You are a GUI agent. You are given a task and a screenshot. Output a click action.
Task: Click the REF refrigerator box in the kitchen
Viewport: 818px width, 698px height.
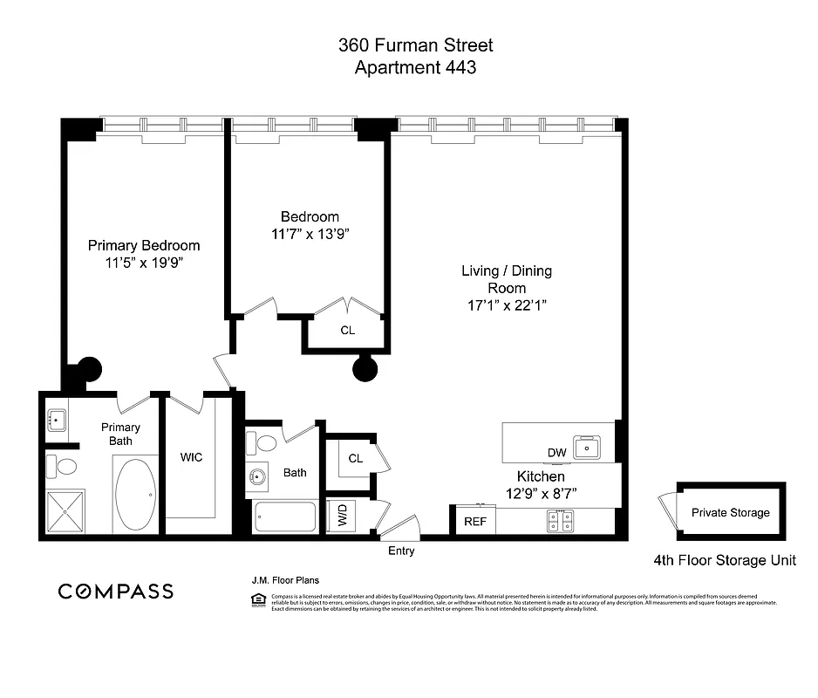point(474,522)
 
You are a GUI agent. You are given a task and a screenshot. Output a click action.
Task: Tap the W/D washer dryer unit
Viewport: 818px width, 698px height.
point(337,517)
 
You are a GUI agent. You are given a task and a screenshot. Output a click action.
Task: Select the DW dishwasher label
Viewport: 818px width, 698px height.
point(556,452)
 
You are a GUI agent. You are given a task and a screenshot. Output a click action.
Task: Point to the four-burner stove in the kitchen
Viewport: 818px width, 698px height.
point(558,522)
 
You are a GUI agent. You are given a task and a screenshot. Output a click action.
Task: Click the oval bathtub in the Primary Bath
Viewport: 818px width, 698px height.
point(135,495)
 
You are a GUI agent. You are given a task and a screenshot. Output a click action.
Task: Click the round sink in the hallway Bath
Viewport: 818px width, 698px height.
point(259,477)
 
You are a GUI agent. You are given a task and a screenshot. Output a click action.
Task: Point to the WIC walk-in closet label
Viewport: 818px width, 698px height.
point(191,457)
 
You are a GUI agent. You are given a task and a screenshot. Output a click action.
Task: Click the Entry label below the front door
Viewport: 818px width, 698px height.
point(401,551)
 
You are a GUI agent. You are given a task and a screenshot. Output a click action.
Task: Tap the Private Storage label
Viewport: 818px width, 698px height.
point(730,512)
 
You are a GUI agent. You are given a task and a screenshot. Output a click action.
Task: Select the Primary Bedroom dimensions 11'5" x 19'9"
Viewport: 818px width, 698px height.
point(144,262)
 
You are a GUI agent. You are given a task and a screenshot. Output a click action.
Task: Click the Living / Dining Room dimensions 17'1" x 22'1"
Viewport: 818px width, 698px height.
point(507,305)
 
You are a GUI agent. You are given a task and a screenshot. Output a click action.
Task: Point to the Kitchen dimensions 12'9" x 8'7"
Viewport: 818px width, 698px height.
point(541,494)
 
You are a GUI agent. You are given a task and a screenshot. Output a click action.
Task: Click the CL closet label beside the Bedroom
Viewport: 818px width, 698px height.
point(347,331)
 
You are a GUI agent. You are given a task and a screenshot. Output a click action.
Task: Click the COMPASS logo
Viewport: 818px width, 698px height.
point(115,592)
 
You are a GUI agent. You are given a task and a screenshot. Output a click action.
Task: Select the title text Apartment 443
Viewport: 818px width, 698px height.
point(415,67)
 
